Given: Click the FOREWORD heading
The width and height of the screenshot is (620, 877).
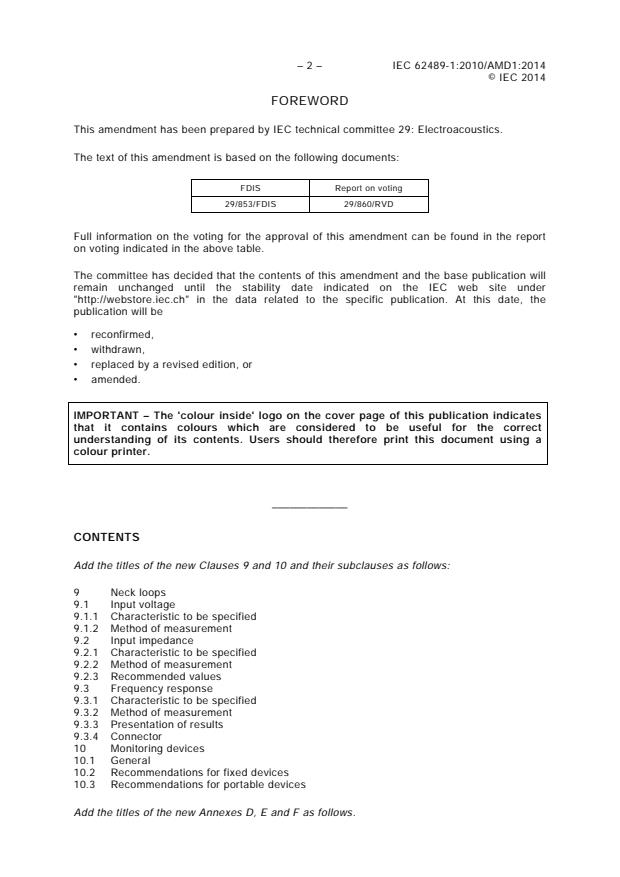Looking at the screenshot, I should (309, 101).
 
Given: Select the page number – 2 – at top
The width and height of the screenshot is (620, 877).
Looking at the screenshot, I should (309, 66).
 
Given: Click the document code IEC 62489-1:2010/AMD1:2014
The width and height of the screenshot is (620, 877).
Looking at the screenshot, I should (469, 66).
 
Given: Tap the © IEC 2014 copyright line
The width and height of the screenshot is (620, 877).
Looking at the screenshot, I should (516, 78).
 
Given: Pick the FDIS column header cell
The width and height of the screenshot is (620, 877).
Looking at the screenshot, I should (251, 187).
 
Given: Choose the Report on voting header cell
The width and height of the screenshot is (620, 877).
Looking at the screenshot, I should (370, 187).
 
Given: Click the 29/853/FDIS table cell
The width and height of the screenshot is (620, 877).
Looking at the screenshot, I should (251, 204).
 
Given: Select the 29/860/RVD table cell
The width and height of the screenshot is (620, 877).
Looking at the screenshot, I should (370, 204).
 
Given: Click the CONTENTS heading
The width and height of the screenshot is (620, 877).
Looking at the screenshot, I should (106, 537).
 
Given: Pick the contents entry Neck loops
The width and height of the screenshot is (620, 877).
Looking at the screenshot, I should (138, 592).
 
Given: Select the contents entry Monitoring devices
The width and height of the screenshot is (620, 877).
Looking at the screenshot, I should (157, 748).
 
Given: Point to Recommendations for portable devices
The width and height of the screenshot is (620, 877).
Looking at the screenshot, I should (208, 784).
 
